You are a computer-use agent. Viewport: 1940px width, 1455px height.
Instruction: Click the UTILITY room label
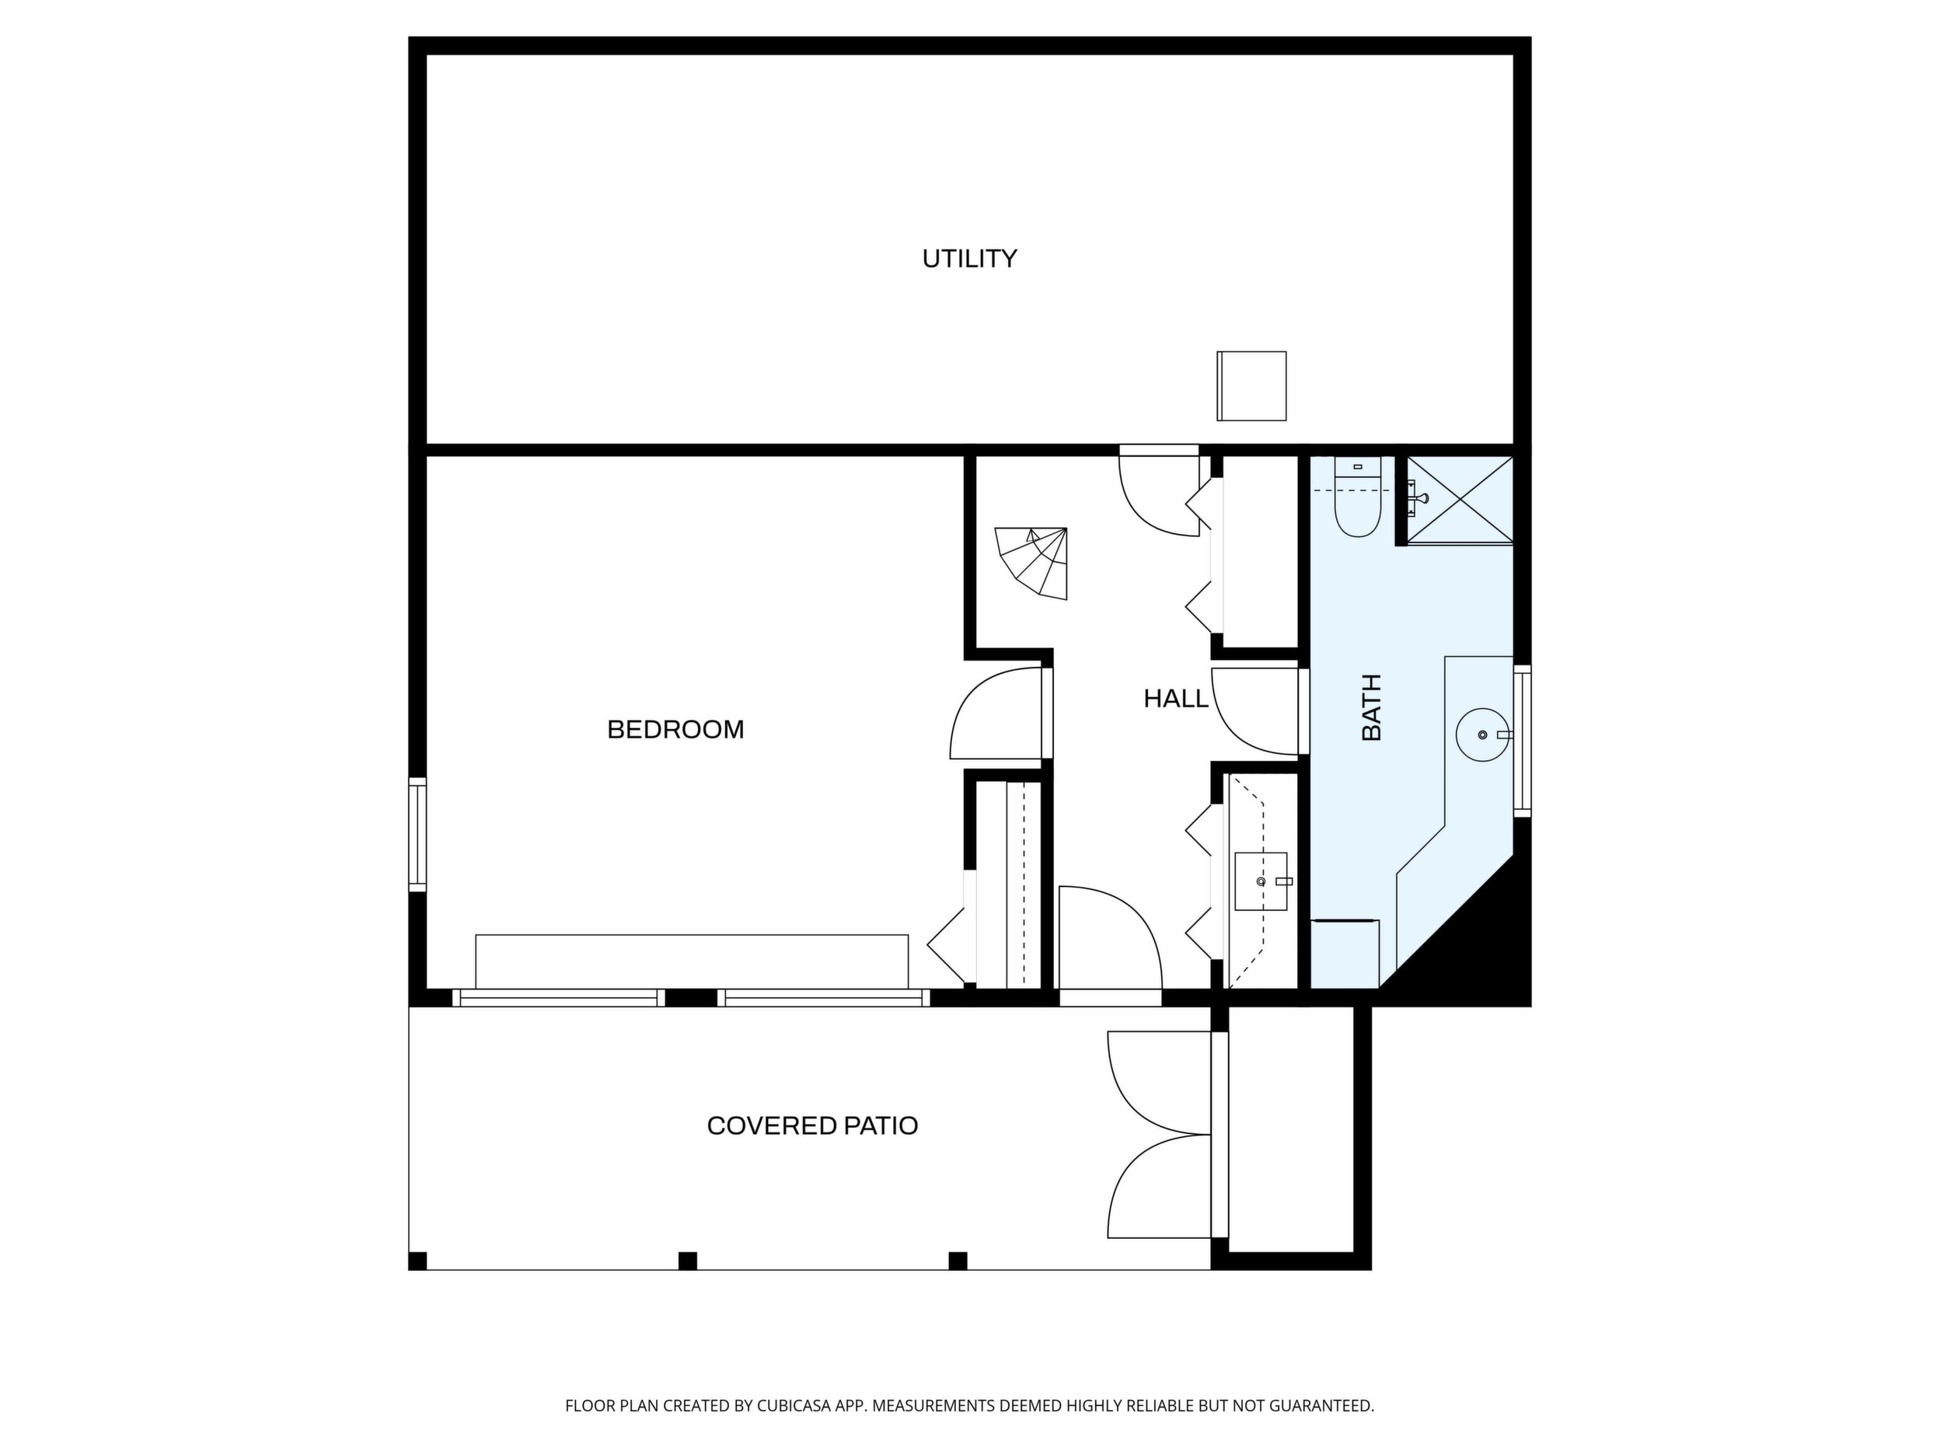click(x=969, y=259)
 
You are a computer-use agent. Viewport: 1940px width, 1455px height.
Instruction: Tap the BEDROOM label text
click(x=675, y=730)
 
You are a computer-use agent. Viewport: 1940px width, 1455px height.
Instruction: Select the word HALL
click(x=1176, y=699)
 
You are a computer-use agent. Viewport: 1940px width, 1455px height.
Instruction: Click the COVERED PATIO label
click(x=812, y=1126)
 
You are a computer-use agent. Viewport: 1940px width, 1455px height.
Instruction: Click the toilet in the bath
click(x=1358, y=497)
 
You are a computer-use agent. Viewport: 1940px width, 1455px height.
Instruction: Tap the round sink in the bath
click(x=1483, y=735)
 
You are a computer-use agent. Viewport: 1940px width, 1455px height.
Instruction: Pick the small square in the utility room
click(x=1251, y=386)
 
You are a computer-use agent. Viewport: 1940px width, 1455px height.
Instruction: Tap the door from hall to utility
click(x=1160, y=492)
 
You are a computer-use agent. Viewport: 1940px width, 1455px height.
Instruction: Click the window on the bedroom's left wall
click(x=417, y=835)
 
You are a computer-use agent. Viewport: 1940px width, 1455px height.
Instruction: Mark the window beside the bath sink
click(x=1523, y=741)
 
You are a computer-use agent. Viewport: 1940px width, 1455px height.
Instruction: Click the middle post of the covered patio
click(x=688, y=1260)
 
